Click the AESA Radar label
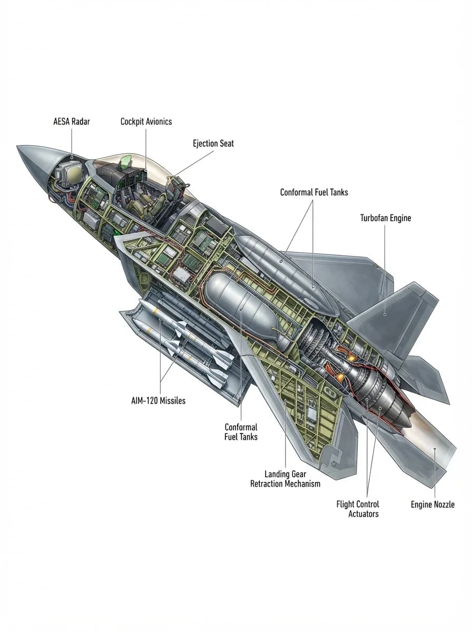coord(72,122)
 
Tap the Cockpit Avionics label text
coord(146,122)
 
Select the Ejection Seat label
coord(213,143)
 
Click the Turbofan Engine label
coord(386,218)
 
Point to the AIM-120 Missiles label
coord(158,400)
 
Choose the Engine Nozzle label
coord(432,505)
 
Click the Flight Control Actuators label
coord(358,509)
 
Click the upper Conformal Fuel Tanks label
coord(314,192)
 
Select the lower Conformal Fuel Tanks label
coord(241,432)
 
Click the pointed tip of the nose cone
coord(17,146)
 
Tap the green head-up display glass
coord(125,162)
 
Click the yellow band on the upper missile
coord(155,311)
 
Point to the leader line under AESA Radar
coord(72,142)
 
